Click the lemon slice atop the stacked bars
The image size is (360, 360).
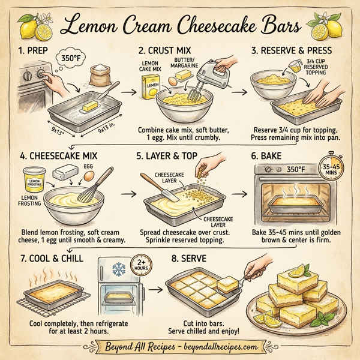click(297, 273)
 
